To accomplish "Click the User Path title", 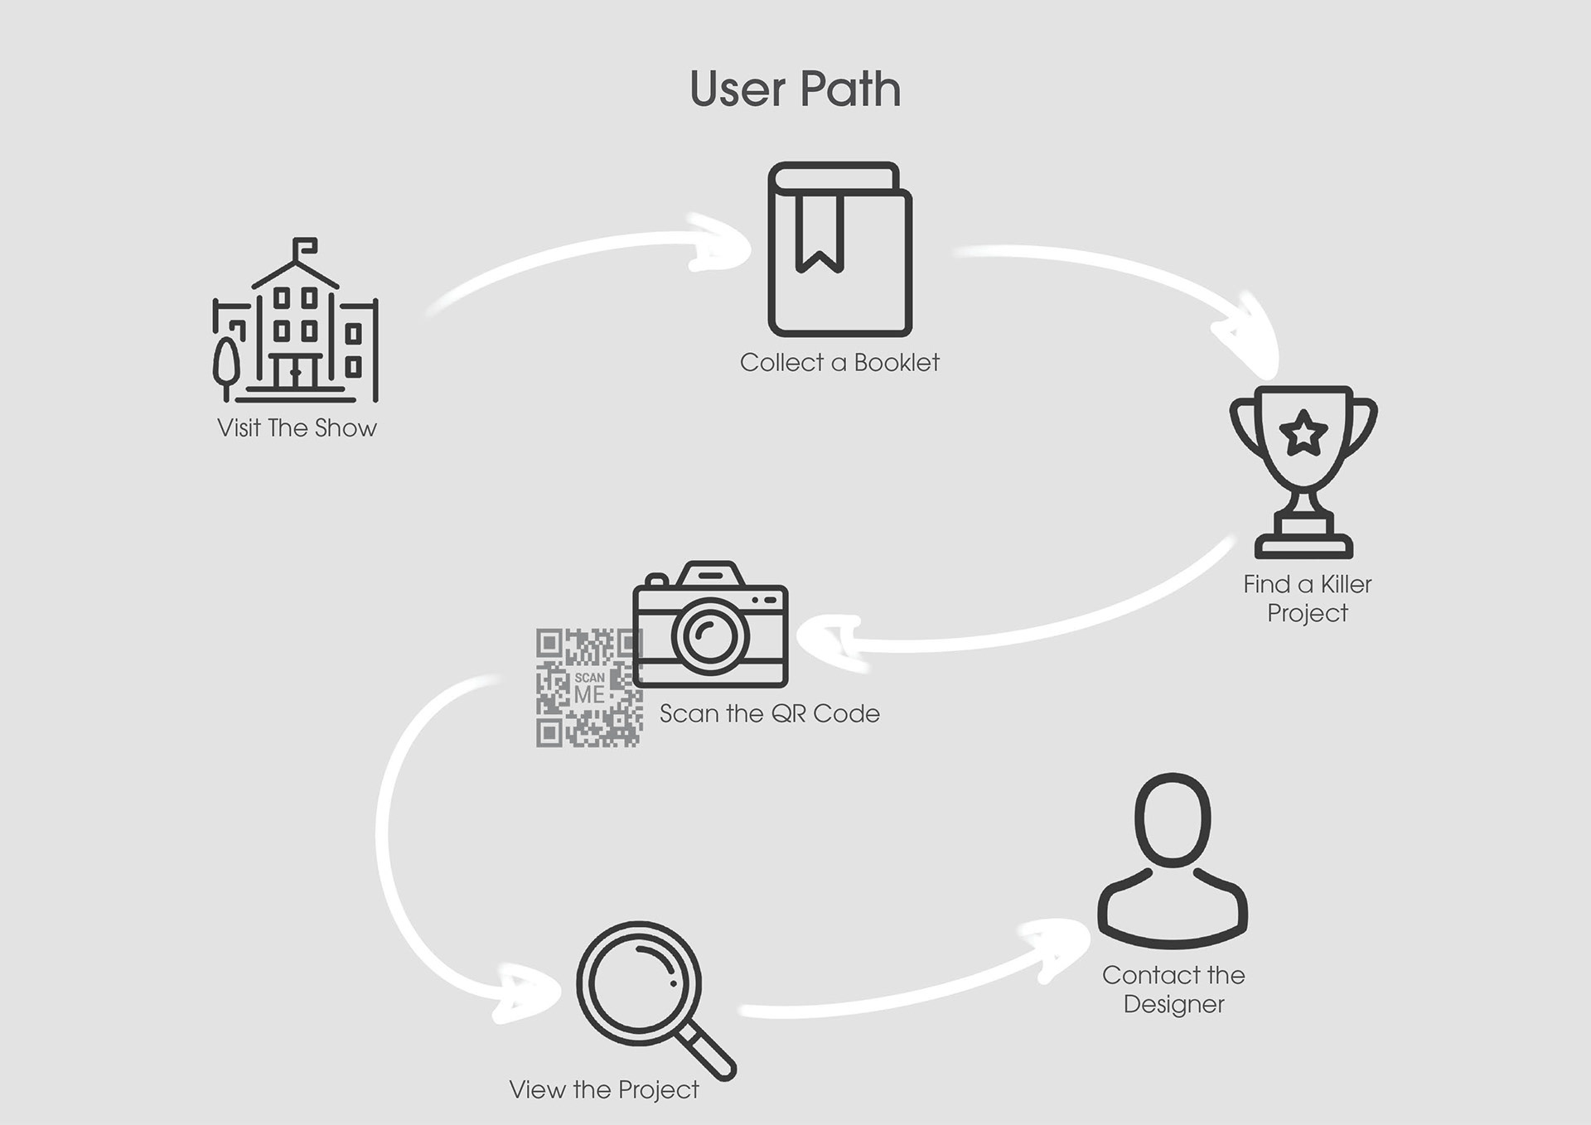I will click(x=795, y=89).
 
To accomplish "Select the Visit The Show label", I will click(x=297, y=428).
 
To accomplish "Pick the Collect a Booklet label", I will click(x=839, y=363).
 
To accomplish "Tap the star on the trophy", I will click(x=1303, y=432).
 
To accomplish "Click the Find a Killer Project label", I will click(x=1307, y=598).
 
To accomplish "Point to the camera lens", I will click(x=710, y=636).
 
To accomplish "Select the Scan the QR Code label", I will click(x=769, y=714).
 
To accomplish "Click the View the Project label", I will click(x=604, y=1090).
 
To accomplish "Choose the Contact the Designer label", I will click(x=1173, y=989).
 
